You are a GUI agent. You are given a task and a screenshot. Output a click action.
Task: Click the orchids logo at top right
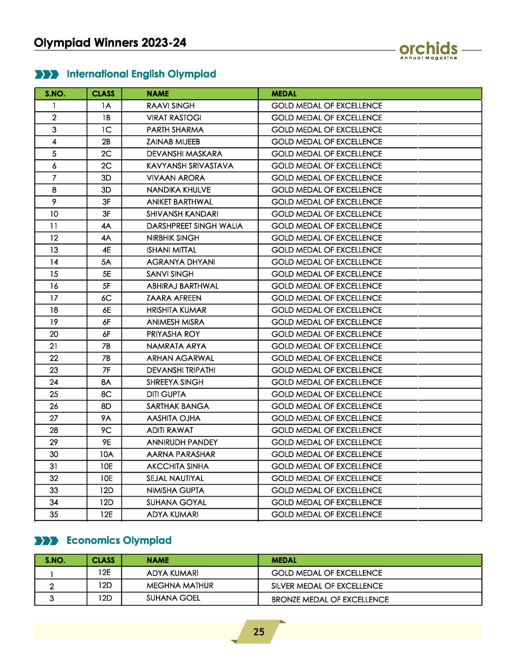(x=428, y=50)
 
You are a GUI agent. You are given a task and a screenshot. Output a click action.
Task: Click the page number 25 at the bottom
(x=258, y=632)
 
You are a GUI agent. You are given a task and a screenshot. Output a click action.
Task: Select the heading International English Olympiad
(x=141, y=74)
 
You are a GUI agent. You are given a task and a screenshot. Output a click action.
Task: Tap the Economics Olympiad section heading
(x=119, y=540)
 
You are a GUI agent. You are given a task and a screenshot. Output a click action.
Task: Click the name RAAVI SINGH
(x=171, y=106)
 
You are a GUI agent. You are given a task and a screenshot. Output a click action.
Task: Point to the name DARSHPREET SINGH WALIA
(x=194, y=226)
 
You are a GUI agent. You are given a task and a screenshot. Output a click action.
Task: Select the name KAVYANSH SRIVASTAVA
(x=190, y=166)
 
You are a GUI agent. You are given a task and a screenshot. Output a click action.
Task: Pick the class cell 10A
(x=106, y=454)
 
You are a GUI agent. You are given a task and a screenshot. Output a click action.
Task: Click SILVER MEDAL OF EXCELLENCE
(x=327, y=586)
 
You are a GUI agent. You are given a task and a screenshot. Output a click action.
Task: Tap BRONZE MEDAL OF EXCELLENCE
(x=330, y=599)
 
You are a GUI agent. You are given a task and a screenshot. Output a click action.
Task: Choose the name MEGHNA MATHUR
(x=180, y=585)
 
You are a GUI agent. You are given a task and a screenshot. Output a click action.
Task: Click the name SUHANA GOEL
(x=173, y=598)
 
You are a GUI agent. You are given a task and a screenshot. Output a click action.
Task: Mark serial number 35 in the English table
(x=54, y=514)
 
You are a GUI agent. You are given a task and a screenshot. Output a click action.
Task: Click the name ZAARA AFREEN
(x=174, y=298)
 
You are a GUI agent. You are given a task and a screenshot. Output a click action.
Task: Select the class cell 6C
(x=106, y=298)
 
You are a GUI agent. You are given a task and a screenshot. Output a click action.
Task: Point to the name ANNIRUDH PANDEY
(x=182, y=442)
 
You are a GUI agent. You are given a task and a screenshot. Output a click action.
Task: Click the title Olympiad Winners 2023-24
(x=110, y=43)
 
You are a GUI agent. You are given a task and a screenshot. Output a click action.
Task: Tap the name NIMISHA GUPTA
(x=175, y=490)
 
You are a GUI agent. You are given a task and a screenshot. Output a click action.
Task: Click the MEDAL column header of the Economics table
(x=284, y=560)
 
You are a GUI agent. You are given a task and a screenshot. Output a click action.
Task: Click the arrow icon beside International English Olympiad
(x=47, y=75)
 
